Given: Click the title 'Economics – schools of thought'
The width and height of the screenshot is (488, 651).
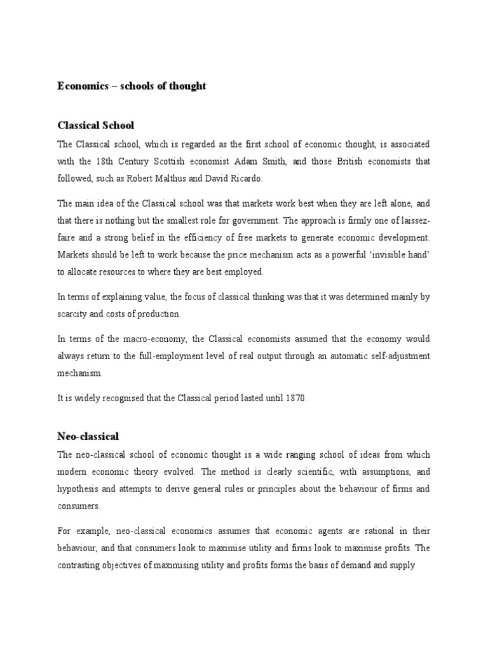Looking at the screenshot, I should [132, 86].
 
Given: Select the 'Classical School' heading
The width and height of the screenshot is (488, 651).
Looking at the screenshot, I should [95, 125].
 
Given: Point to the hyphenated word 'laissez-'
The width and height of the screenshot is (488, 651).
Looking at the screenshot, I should [412, 221].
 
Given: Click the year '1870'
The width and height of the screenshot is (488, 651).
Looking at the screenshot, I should [294, 397].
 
